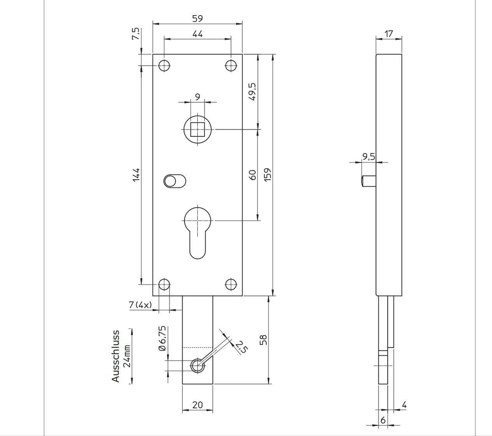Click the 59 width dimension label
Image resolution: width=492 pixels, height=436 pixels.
coord(197,19)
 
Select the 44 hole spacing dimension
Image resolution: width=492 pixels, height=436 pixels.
coord(197,34)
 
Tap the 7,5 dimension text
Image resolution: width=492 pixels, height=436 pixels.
coord(136,34)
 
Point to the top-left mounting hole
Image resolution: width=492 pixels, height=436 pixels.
coord(164,66)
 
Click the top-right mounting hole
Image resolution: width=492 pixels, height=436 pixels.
coord(231,66)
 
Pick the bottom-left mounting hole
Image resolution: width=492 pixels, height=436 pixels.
coord(164,285)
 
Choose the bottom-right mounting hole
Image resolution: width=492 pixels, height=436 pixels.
coord(231,285)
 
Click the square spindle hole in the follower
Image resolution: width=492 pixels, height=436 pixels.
coord(198,130)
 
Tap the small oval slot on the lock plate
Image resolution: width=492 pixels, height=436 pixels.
coord(175,181)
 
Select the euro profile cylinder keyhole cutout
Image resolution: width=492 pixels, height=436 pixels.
coord(198,232)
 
